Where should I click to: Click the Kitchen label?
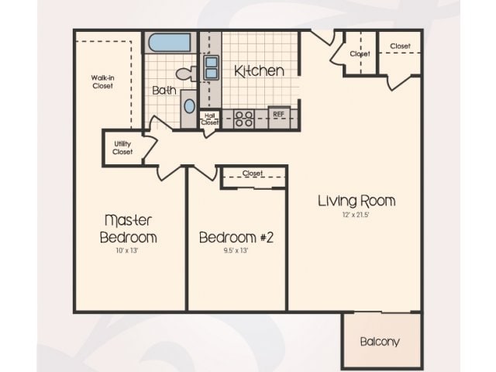259,71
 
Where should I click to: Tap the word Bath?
164,91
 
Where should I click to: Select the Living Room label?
356,201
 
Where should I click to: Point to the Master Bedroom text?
130,228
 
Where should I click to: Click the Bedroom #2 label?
236,237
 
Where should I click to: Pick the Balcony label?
381,341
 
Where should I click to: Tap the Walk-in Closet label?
103,81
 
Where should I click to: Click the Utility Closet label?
122,148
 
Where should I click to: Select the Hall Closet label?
209,119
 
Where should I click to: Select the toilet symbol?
187,74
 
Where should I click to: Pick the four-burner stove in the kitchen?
243,119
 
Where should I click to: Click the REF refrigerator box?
279,115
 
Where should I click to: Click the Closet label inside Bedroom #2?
253,174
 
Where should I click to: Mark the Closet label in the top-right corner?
400,46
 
